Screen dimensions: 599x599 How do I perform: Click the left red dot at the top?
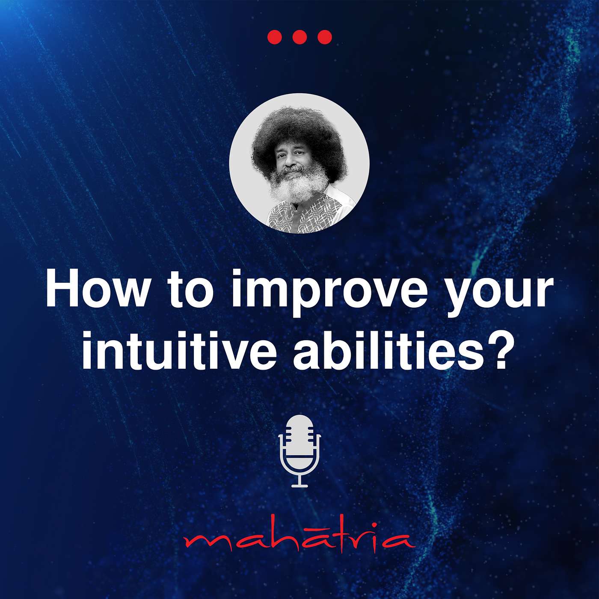tap(275, 37)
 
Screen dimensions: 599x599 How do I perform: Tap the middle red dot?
tap(299, 37)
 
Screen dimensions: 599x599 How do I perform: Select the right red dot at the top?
tap(325, 37)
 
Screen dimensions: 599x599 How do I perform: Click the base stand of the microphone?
tap(299, 485)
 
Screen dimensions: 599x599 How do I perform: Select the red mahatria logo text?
tap(299, 542)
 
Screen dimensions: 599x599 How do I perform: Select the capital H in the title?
tap(62, 289)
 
